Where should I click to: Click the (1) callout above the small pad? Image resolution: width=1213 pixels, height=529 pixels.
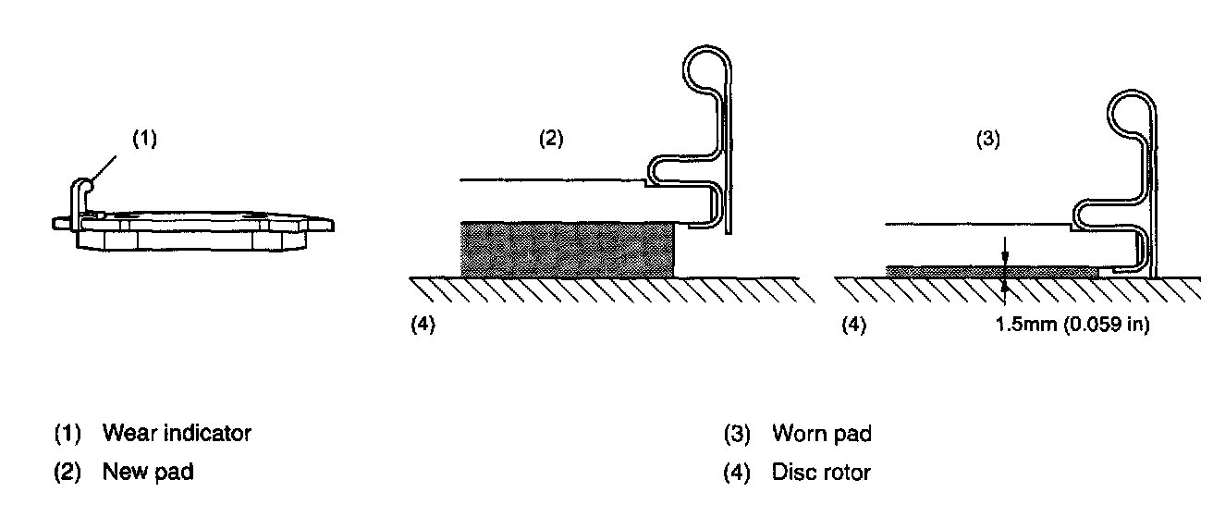click(x=144, y=140)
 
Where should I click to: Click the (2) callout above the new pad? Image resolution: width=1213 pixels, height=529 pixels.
click(x=551, y=140)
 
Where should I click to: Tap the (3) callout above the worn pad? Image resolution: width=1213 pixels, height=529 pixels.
click(x=989, y=140)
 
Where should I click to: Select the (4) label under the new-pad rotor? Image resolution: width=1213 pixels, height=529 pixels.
click(x=423, y=326)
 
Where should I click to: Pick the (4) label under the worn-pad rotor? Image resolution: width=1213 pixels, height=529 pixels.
click(x=853, y=326)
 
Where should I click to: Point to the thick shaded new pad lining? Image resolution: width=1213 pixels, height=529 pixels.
click(x=567, y=248)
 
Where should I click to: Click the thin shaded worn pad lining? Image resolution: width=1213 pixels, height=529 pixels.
click(x=989, y=272)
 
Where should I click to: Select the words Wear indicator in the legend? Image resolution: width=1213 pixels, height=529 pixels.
click(x=177, y=433)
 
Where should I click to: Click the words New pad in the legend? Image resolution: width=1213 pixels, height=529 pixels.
click(x=148, y=472)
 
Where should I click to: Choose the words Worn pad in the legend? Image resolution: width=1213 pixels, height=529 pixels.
click(x=821, y=433)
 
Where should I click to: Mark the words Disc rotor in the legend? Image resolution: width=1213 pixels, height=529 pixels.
click(x=821, y=473)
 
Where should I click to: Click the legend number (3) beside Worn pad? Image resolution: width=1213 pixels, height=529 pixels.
click(x=737, y=433)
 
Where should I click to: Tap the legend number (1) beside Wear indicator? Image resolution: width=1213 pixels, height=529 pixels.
click(x=67, y=433)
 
